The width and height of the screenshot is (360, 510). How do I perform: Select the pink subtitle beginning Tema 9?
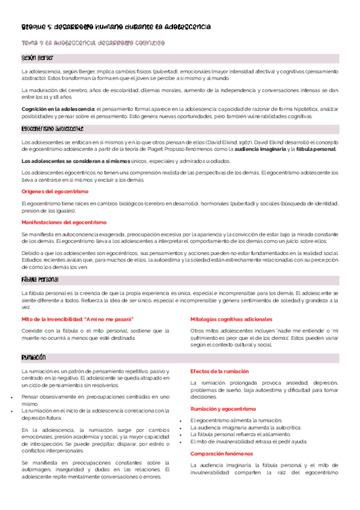point(93,43)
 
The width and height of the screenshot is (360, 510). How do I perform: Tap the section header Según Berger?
point(37,58)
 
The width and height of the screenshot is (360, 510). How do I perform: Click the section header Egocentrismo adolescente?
point(52,129)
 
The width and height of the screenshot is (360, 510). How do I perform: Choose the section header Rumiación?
point(34,357)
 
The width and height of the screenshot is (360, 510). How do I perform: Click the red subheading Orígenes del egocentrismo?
point(55,191)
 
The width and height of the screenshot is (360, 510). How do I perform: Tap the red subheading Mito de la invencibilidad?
point(78,319)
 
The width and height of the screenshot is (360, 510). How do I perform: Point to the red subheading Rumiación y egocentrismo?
point(223,408)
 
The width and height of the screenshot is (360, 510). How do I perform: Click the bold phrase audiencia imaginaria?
point(260,149)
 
